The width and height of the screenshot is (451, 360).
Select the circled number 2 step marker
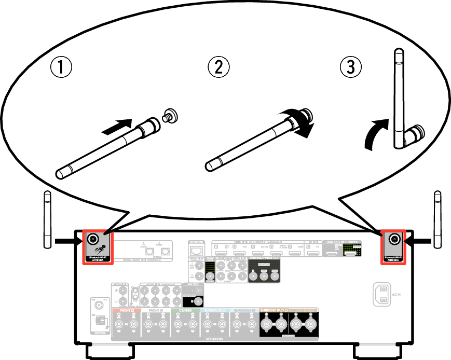click(218, 67)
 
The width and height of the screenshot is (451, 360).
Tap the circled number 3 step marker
click(351, 67)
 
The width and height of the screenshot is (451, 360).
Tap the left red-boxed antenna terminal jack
click(94, 239)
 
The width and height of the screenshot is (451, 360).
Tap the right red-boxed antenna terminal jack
click(394, 239)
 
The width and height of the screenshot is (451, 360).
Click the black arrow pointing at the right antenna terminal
click(419, 241)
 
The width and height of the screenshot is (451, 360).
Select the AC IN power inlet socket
click(384, 294)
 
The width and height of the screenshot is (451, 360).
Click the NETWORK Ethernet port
click(197, 252)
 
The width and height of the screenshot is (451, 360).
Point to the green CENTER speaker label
click(185, 310)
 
